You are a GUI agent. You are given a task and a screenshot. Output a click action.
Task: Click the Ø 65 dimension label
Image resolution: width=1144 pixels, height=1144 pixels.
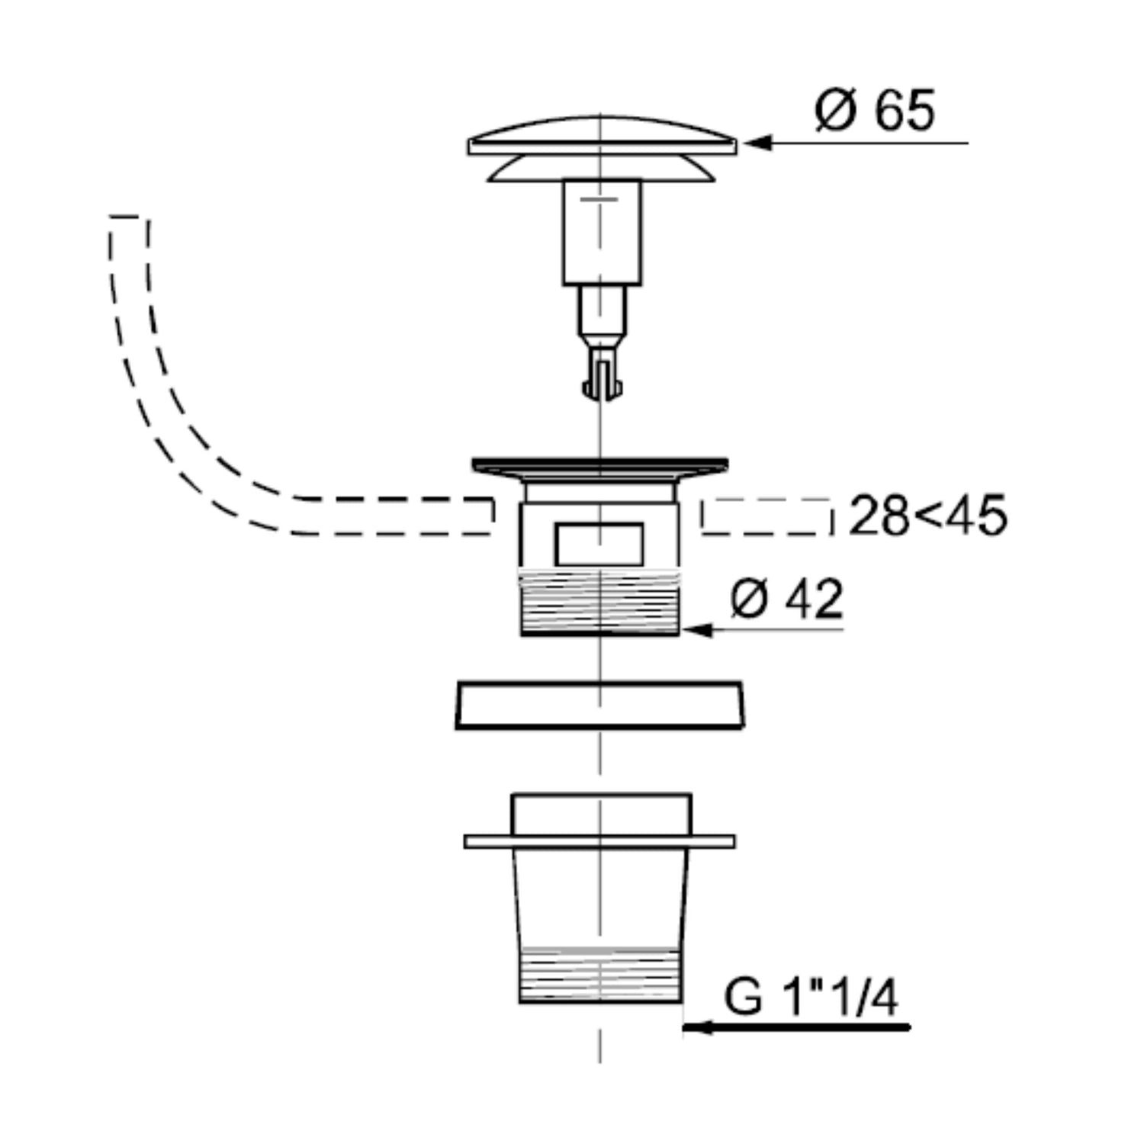point(874,111)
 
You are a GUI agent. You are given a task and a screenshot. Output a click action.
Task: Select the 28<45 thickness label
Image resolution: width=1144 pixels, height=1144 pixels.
point(927,516)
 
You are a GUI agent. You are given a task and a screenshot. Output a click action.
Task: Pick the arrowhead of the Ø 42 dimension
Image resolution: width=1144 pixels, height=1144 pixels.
point(697,630)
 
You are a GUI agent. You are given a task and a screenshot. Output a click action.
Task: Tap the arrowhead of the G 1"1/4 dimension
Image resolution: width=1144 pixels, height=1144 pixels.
point(697,1027)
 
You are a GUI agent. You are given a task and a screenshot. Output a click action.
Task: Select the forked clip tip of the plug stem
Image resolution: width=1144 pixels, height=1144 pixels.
point(603,378)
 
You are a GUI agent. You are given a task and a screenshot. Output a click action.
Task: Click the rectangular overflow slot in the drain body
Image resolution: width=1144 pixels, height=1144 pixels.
point(599,544)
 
